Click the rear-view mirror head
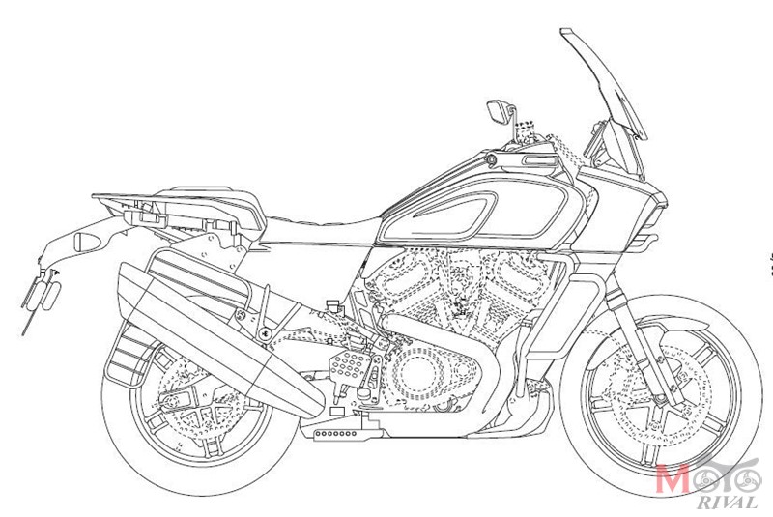click(498, 111)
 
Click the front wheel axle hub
click(660, 399)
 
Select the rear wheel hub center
click(169, 403)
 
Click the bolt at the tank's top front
click(491, 159)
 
